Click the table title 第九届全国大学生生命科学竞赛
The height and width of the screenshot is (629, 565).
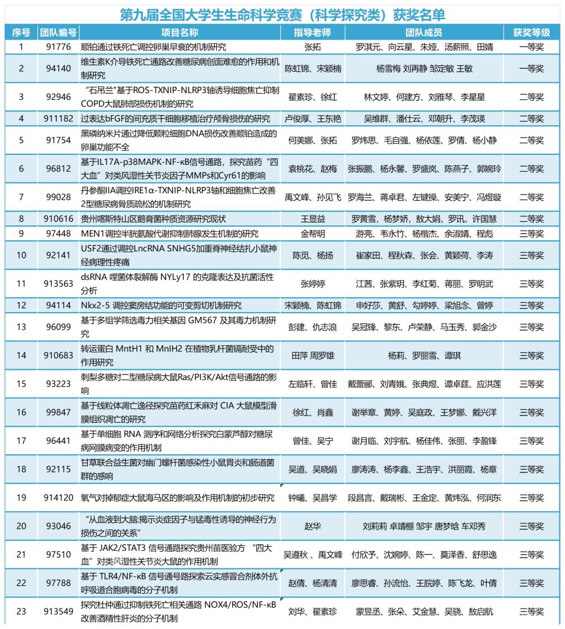282,14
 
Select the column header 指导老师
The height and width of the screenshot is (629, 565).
313,33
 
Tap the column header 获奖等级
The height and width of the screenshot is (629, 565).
531,33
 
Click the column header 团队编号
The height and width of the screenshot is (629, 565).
58,33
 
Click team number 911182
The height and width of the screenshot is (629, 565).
58,119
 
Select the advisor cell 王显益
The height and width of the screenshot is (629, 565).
313,219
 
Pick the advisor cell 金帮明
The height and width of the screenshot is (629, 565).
313,234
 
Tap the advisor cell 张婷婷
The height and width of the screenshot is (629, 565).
313,284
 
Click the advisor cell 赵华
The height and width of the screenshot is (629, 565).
313,526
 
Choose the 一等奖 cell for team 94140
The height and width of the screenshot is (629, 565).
531,69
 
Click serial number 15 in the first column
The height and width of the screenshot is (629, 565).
22,384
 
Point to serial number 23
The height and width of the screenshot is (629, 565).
22,611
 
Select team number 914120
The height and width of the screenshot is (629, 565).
58,498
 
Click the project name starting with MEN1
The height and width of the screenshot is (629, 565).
169,234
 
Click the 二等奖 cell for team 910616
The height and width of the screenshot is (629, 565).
531,219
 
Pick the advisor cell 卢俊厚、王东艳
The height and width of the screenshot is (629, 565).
313,119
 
